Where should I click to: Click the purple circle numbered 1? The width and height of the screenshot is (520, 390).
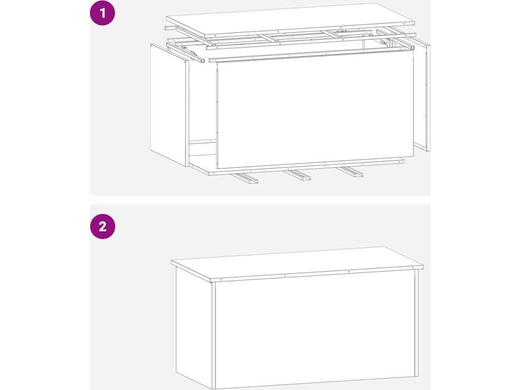(x=103, y=13)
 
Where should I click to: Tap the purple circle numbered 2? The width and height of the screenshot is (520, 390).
(x=103, y=226)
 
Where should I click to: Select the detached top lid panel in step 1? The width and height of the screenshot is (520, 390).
(x=290, y=20)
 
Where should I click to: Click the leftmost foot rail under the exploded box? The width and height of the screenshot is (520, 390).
(x=245, y=178)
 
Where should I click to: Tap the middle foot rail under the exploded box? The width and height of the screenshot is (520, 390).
(x=297, y=175)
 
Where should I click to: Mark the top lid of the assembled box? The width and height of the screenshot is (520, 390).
(x=297, y=264)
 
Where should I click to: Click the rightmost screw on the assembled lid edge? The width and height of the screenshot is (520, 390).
(x=413, y=268)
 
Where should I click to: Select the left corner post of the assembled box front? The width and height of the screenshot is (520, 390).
(x=214, y=336)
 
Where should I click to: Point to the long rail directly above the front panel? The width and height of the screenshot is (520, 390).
(x=312, y=54)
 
